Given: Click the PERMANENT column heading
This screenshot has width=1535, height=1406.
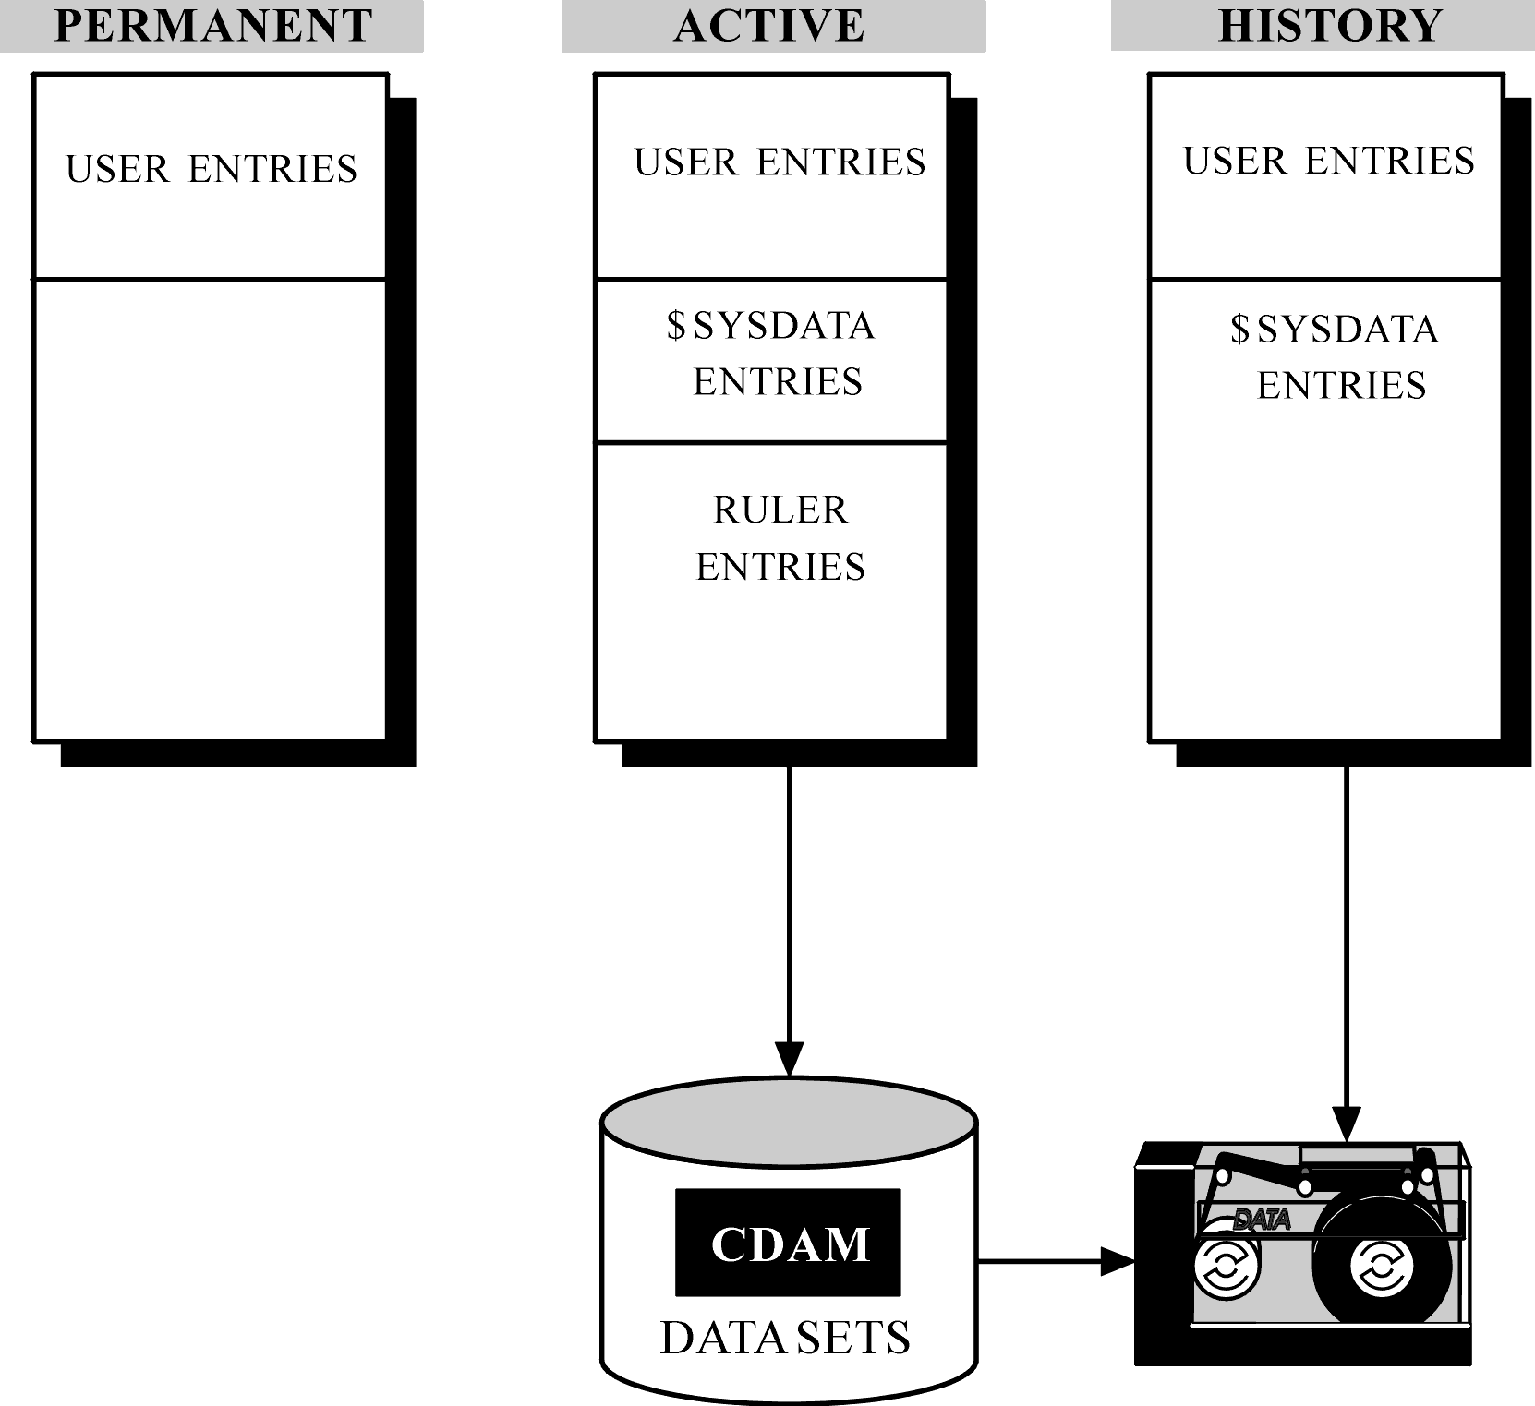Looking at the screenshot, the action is (213, 26).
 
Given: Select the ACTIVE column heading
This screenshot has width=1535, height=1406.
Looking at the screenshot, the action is (769, 26).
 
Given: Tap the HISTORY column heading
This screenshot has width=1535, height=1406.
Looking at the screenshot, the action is (1330, 26).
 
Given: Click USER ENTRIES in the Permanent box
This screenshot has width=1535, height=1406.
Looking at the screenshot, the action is (212, 169).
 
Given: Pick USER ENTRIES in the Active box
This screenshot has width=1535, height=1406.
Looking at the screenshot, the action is (780, 162).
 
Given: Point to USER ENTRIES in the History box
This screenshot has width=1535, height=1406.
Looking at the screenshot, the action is (1329, 161).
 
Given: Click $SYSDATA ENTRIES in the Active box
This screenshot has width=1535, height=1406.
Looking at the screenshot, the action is (771, 354).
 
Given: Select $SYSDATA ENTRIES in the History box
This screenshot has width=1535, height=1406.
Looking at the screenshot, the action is (1335, 357).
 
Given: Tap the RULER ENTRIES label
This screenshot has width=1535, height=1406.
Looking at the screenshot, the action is (780, 538).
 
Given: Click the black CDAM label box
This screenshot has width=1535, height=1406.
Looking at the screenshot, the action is (788, 1243).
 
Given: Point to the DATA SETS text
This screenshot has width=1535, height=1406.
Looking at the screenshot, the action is (785, 1338).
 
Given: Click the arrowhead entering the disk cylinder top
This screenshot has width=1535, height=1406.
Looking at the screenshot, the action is (789, 1060).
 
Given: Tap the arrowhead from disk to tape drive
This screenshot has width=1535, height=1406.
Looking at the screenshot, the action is (1118, 1260).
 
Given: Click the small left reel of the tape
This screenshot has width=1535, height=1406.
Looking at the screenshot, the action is (1227, 1267).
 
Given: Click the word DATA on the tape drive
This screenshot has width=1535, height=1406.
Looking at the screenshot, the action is (1262, 1220).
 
